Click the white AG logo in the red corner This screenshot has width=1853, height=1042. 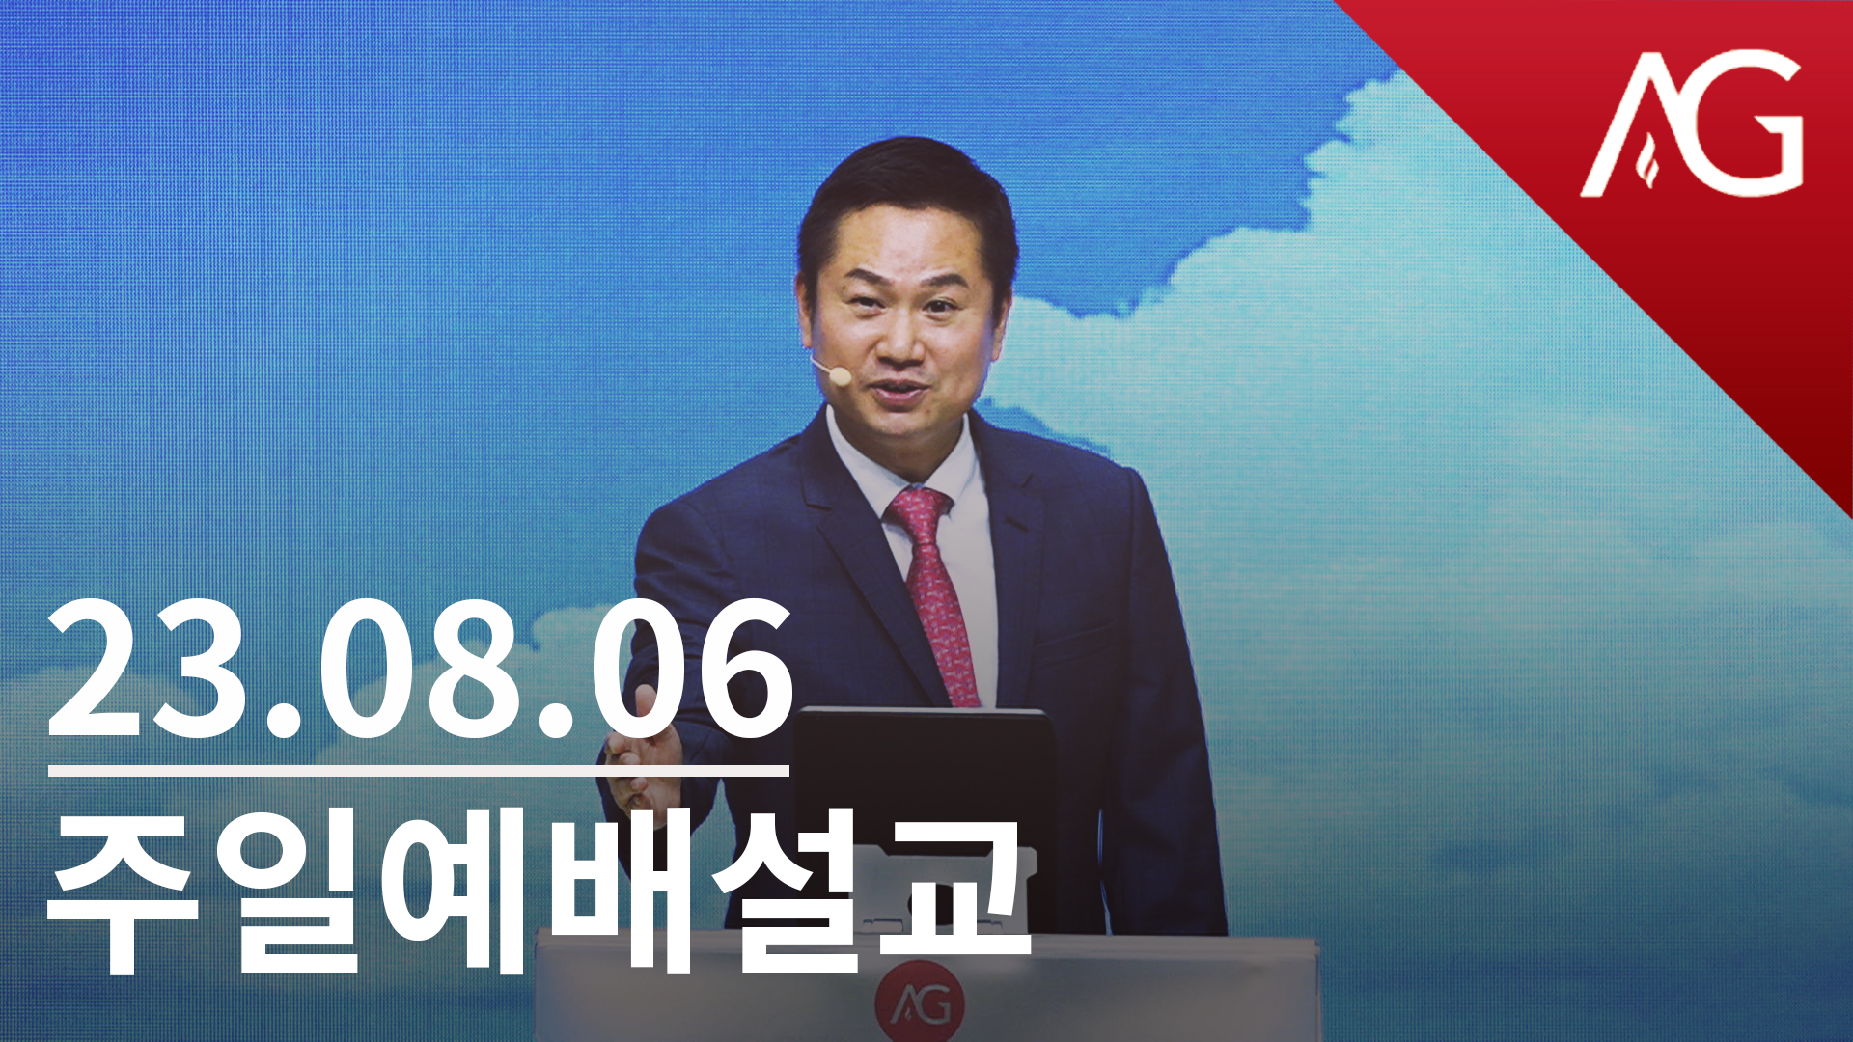pyautogui.click(x=1691, y=123)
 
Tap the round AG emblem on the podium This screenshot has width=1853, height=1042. pyautogui.click(x=919, y=1002)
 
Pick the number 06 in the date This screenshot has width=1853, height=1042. pyautogui.click(x=693, y=668)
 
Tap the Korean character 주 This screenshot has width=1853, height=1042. pyautogui.click(x=123, y=892)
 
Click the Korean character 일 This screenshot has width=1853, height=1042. pyautogui.click(x=290, y=892)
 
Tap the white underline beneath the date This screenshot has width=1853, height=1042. pyautogui.click(x=418, y=771)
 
